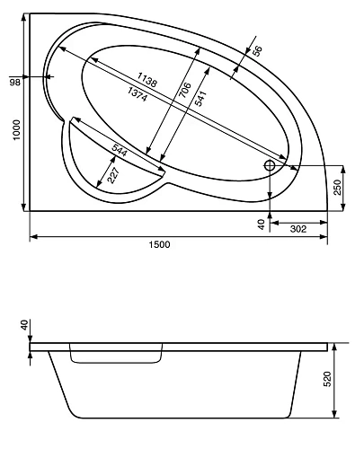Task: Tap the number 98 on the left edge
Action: pos(15,82)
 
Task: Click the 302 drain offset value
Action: pos(297,229)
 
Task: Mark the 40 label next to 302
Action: pos(262,225)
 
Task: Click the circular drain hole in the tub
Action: pos(270,165)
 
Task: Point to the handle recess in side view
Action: pos(116,357)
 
